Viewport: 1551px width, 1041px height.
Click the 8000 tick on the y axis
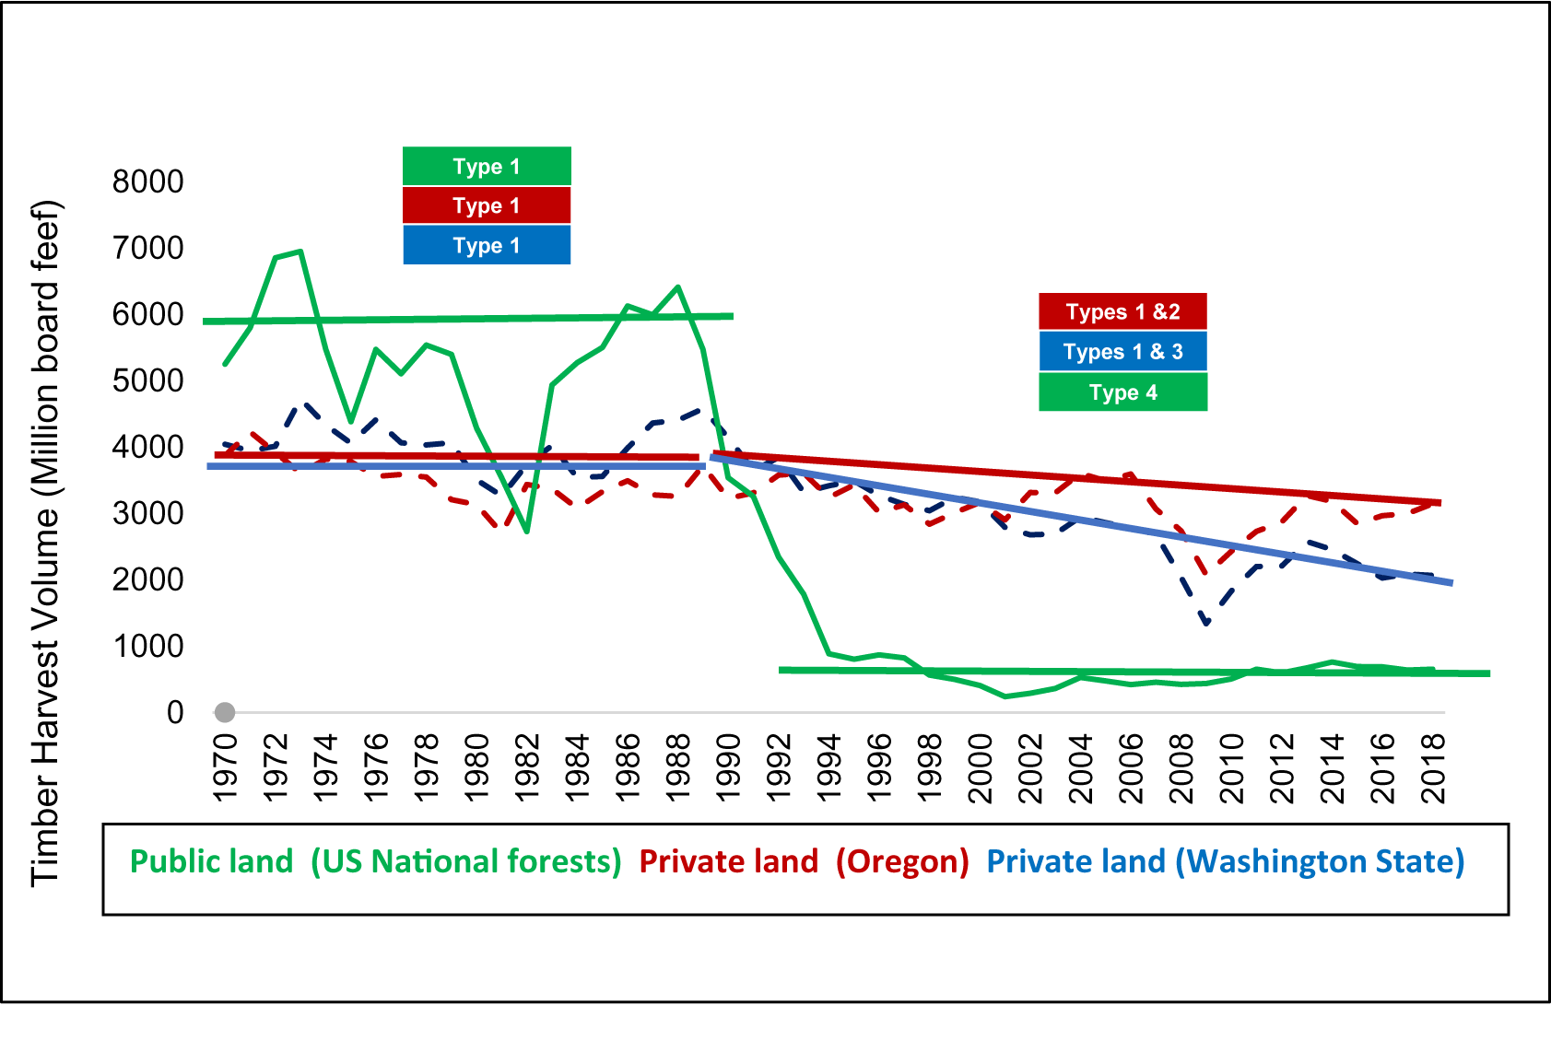click(x=147, y=181)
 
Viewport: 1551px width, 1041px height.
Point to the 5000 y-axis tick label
click(x=147, y=380)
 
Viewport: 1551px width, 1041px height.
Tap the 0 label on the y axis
click(x=175, y=712)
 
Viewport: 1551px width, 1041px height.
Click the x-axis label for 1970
click(x=225, y=767)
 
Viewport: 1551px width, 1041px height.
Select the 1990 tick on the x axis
click(x=728, y=767)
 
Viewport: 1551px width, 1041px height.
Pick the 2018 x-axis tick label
click(x=1433, y=767)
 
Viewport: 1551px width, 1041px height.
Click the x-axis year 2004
click(x=1080, y=767)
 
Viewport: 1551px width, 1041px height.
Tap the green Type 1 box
click(x=487, y=167)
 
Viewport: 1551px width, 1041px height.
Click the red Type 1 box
click(x=487, y=205)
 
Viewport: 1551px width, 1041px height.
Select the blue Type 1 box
click(x=487, y=245)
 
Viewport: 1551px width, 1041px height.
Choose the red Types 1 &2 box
click(x=1122, y=311)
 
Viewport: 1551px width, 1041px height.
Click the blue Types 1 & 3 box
click(x=1122, y=352)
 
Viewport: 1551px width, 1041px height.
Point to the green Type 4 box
click(x=1122, y=392)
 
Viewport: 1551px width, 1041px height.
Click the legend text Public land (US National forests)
click(x=375, y=861)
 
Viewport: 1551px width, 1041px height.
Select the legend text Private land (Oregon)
click(x=804, y=861)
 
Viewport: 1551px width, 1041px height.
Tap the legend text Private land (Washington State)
click(x=1225, y=861)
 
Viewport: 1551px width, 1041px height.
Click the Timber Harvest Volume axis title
click(x=44, y=544)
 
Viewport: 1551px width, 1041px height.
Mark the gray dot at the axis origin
click(x=225, y=712)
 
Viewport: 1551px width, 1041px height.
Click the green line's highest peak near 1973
click(x=300, y=251)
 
